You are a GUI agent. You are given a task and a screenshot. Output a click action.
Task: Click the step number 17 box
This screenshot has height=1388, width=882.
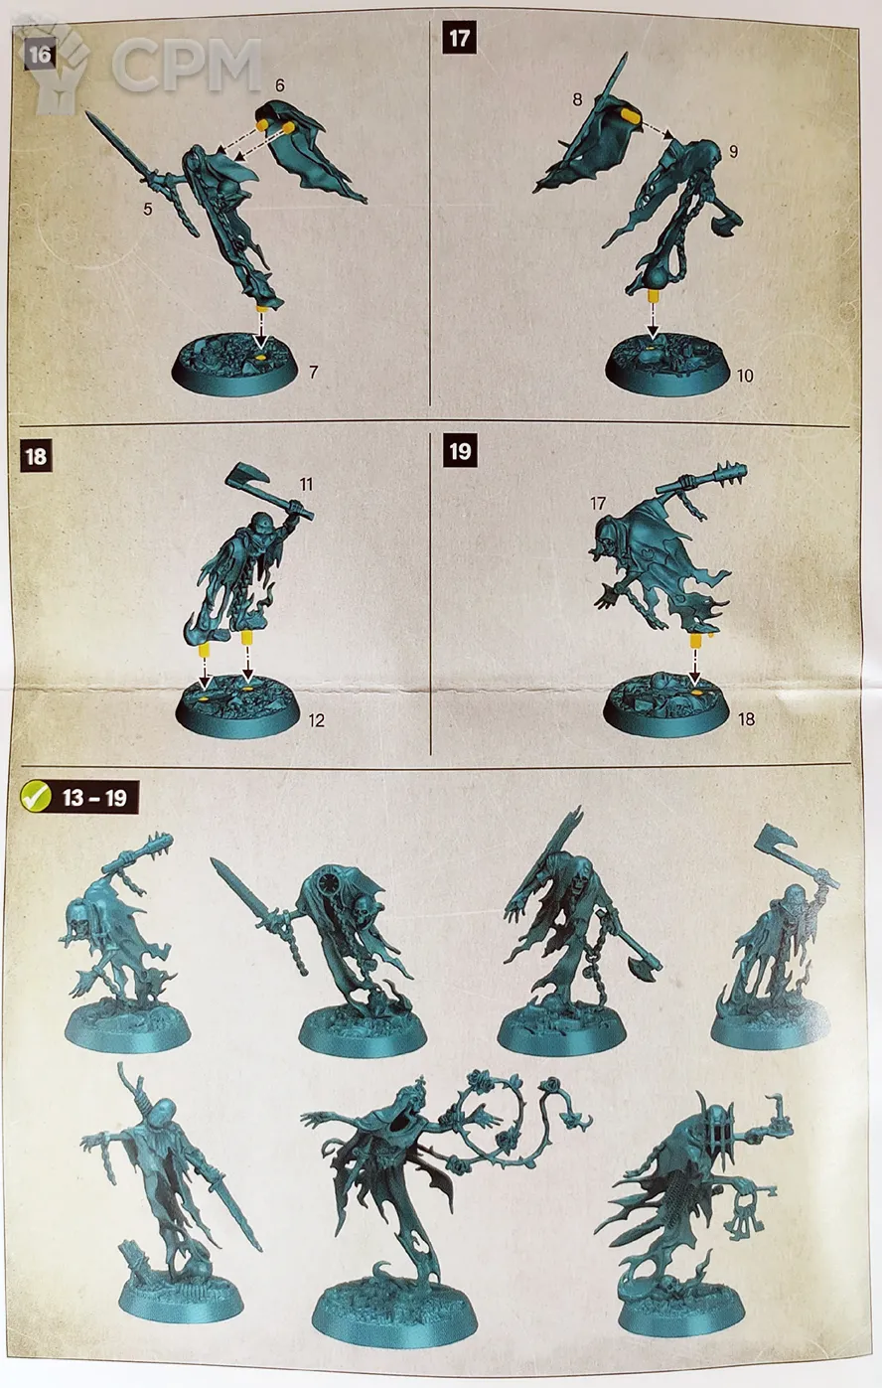pyautogui.click(x=460, y=39)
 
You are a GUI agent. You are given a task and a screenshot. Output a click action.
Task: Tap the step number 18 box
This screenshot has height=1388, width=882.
pyautogui.click(x=36, y=456)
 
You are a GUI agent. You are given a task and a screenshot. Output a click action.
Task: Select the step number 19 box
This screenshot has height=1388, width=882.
pyautogui.click(x=460, y=450)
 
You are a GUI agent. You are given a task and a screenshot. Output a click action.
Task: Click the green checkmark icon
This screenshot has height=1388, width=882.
pyautogui.click(x=36, y=797)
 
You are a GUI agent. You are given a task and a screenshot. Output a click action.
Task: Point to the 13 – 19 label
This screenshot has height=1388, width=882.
pyautogui.click(x=94, y=798)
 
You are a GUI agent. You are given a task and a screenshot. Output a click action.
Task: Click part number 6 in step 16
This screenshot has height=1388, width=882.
pyautogui.click(x=280, y=85)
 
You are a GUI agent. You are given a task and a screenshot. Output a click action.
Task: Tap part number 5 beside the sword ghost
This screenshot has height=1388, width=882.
pyautogui.click(x=147, y=209)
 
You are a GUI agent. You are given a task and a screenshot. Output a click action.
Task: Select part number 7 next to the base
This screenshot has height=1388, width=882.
pyautogui.click(x=314, y=372)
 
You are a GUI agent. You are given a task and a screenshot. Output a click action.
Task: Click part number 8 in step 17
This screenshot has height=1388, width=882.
pyautogui.click(x=577, y=99)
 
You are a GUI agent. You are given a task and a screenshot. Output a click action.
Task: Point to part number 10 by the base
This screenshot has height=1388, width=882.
pyautogui.click(x=745, y=376)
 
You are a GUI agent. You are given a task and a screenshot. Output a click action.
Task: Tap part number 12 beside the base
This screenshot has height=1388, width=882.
pyautogui.click(x=316, y=720)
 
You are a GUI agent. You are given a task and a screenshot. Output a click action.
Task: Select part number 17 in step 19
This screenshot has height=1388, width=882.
pyautogui.click(x=598, y=503)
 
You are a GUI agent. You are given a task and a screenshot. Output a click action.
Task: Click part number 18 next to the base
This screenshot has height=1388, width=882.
pyautogui.click(x=746, y=718)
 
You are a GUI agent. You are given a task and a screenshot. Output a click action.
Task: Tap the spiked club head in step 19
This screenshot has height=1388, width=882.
pyautogui.click(x=729, y=476)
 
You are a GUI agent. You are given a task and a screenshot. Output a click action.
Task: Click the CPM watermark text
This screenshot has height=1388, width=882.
pyautogui.click(x=186, y=65)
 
